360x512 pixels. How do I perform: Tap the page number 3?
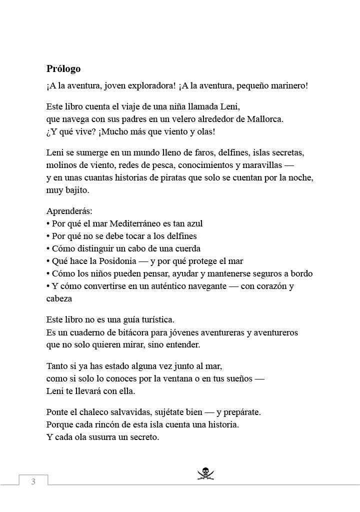coord(33,482)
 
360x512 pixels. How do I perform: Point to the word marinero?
coord(289,86)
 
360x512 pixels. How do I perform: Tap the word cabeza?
coord(59,299)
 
